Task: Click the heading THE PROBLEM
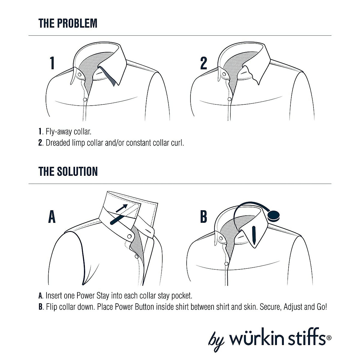68,23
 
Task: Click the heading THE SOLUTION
68,171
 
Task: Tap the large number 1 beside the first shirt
52,63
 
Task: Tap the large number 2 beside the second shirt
204,63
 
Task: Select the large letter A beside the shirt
52,217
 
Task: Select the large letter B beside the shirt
204,217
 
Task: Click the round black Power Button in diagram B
274,215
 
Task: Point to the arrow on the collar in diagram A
122,208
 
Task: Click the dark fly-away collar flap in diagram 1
108,77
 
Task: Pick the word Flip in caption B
51,307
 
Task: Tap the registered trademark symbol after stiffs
329,338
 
